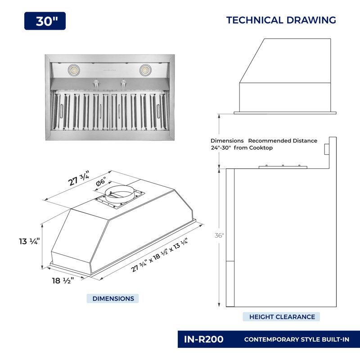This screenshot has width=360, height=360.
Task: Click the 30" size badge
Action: pyautogui.click(x=45, y=21)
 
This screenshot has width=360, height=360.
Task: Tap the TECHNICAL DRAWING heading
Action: pyautogui.click(x=281, y=20)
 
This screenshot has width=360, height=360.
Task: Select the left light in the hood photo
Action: pyautogui.click(x=74, y=70)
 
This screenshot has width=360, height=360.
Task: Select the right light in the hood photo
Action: pyautogui.click(x=145, y=70)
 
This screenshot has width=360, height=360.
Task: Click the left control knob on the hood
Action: pyautogui.click(x=96, y=83)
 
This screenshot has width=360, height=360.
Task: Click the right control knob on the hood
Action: pyautogui.click(x=124, y=83)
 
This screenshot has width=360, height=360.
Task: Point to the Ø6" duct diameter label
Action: pyautogui.click(x=101, y=181)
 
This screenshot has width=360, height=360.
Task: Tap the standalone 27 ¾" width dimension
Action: pyautogui.click(x=78, y=178)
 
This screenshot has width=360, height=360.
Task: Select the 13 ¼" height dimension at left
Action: pyautogui.click(x=29, y=241)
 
